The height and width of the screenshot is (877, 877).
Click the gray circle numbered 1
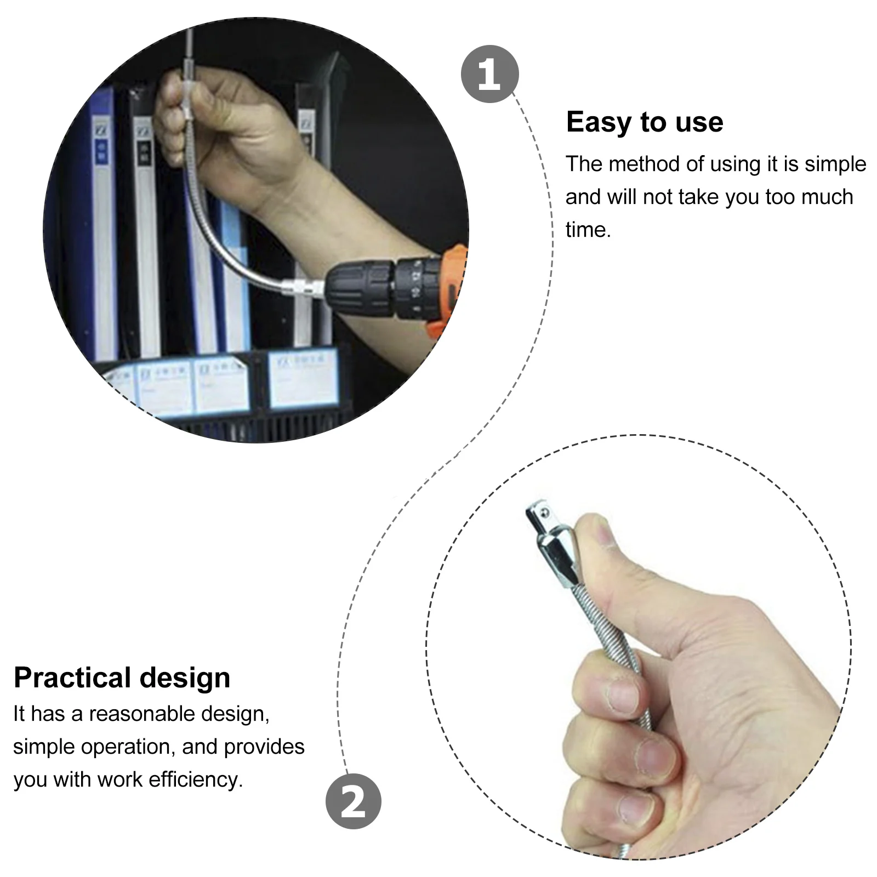coord(489,74)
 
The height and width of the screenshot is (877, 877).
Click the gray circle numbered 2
coord(353,801)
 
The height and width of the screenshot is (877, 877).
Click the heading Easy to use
coord(644,122)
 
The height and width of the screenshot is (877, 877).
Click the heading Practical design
coord(122,677)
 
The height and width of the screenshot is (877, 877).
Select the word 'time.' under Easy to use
coord(588,230)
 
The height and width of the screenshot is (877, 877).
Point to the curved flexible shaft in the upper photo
coord(219,230)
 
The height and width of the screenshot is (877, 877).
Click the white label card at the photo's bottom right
coord(303,378)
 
